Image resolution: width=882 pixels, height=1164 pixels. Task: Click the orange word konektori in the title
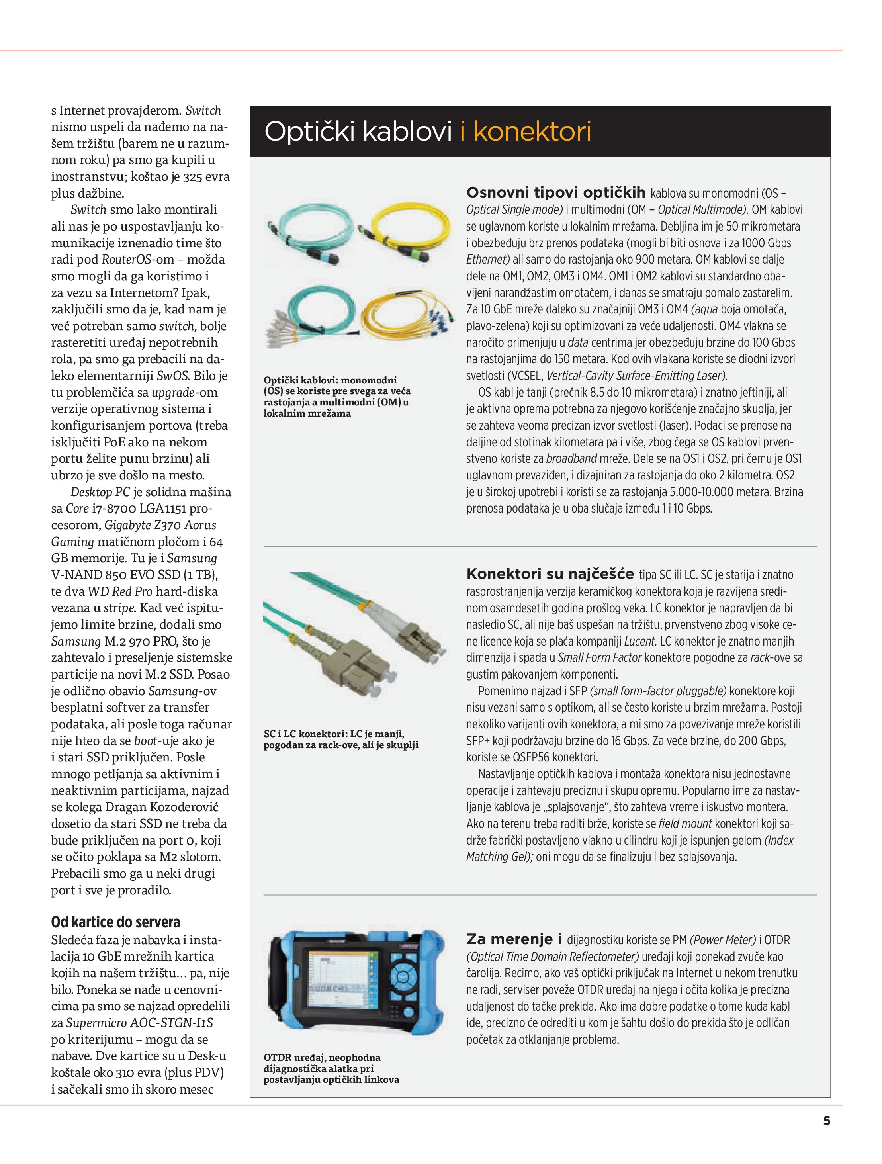point(532,131)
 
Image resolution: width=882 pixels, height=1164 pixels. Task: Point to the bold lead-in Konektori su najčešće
point(550,573)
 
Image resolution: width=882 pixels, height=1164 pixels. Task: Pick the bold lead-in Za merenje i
point(514,939)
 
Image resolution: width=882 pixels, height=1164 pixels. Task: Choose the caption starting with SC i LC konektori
point(340,739)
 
